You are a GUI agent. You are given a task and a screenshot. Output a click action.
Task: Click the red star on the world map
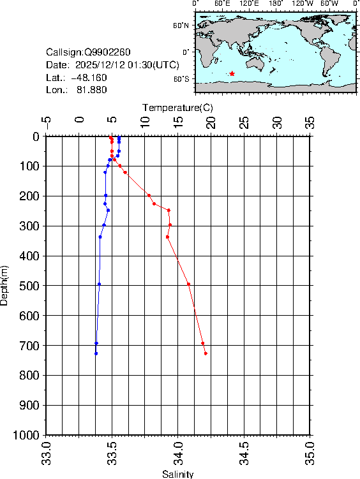coord(232,74)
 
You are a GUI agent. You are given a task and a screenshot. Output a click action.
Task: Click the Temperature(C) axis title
coord(177,107)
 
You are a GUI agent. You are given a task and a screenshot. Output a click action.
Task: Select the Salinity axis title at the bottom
coord(177,474)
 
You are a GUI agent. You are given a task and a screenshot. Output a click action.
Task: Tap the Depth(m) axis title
coord(5,285)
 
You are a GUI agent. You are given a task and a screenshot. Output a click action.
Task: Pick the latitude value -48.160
coord(89,78)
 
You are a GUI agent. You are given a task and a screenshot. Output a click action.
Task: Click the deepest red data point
coord(206,353)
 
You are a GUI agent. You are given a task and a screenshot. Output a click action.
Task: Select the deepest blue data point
coord(96,353)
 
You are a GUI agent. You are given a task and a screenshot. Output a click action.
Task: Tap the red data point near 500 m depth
coord(188,284)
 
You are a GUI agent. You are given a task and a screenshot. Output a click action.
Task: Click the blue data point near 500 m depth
coord(99,284)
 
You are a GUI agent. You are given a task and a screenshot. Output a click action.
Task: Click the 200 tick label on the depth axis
coord(30,196)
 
